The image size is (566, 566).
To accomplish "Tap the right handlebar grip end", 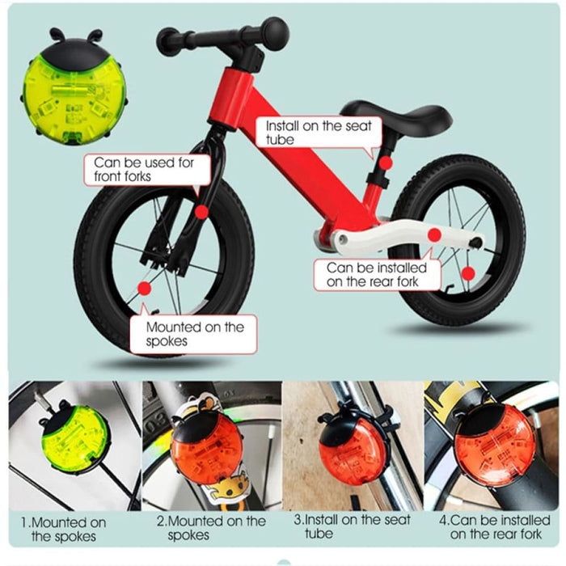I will pyautogui.click(x=275, y=33).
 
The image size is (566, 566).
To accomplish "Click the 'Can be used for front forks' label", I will pyautogui.click(x=144, y=169).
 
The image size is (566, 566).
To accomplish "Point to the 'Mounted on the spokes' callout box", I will pyautogui.click(x=194, y=334).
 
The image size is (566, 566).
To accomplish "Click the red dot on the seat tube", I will pyautogui.click(x=386, y=163).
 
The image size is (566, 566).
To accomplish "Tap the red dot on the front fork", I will pyautogui.click(x=200, y=209).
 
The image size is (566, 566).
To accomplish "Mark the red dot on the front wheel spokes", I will pyautogui.click(x=144, y=288).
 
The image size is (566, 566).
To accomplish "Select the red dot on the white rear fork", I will pyautogui.click(x=434, y=234).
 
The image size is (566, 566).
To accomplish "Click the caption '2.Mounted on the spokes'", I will pyautogui.click(x=211, y=528).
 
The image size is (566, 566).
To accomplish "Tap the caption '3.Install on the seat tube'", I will pyautogui.click(x=352, y=526).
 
